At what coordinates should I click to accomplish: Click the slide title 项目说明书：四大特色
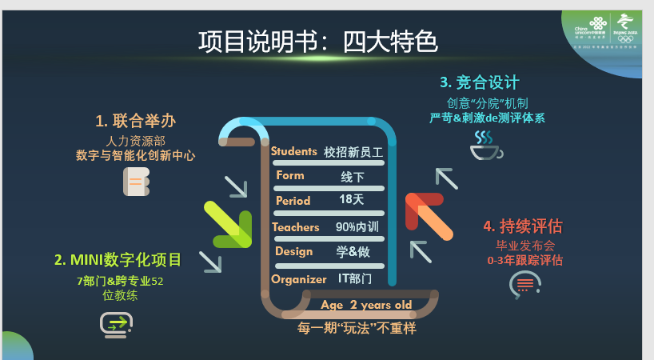click(x=317, y=42)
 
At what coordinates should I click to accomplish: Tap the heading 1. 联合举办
click(x=135, y=121)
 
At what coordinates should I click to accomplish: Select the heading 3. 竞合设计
click(x=480, y=82)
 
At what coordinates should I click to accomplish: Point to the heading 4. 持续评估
click(x=522, y=226)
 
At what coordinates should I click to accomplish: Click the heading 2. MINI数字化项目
click(x=118, y=260)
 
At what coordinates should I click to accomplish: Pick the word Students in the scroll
click(x=293, y=151)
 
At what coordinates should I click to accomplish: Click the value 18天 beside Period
click(x=351, y=199)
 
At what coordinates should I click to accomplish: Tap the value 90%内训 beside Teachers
click(x=357, y=227)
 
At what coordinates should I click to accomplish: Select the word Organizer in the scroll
click(x=298, y=279)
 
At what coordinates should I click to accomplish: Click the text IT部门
click(x=355, y=279)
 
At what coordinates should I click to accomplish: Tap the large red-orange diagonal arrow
click(x=429, y=215)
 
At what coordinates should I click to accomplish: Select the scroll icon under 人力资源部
click(x=135, y=182)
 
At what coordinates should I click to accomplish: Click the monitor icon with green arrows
click(x=116, y=324)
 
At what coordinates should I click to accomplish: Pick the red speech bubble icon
click(x=524, y=284)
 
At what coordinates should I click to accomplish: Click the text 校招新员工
click(x=354, y=151)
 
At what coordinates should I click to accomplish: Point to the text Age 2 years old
click(x=366, y=305)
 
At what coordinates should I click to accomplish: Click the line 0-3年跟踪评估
click(x=524, y=260)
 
